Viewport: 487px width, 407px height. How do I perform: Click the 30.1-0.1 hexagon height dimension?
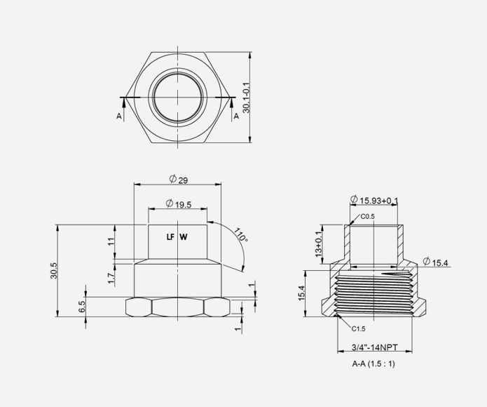pyautogui.click(x=246, y=98)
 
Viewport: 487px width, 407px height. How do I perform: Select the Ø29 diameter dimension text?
pyautogui.click(x=178, y=180)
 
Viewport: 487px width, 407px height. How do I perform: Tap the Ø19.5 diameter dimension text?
pyautogui.click(x=178, y=204)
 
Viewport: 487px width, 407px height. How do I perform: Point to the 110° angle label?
pyautogui.click(x=241, y=235)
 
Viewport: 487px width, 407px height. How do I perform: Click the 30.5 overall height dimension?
pyautogui.click(x=54, y=271)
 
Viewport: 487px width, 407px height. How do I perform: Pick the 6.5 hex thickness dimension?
pyautogui.click(x=82, y=307)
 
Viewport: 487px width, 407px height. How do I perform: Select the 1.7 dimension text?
pyautogui.click(x=111, y=279)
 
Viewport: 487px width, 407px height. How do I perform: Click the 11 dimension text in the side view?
pyautogui.click(x=111, y=241)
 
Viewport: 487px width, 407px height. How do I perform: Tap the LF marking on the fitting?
pyautogui.click(x=170, y=237)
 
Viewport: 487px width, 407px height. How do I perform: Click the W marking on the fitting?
pyautogui.click(x=184, y=237)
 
